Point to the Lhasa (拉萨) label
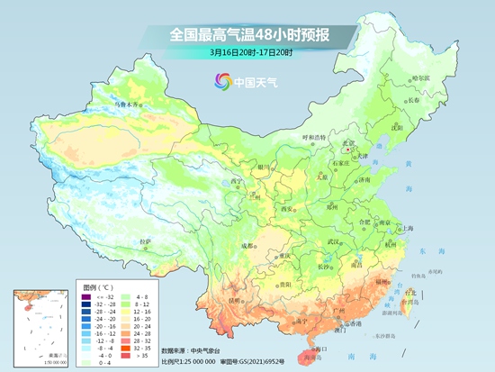[x=145, y=241]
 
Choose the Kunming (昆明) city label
[x=236, y=298]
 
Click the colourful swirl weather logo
[x=220, y=81]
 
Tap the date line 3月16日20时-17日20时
[x=247, y=52]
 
